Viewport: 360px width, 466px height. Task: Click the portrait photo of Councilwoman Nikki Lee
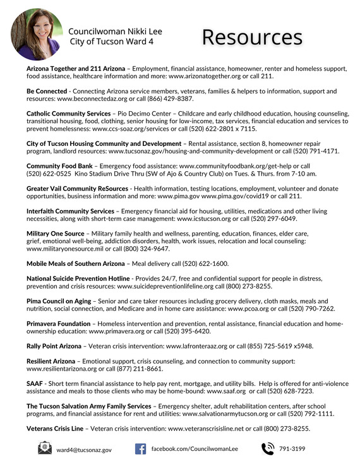point(37,34)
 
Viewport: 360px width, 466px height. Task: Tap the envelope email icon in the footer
point(45,448)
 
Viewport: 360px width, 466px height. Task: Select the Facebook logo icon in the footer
point(140,448)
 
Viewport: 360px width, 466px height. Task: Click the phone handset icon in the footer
point(268,448)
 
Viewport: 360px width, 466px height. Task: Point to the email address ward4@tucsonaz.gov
point(84,450)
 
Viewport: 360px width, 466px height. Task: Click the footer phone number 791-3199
point(293,449)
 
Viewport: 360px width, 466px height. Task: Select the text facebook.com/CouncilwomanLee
point(195,448)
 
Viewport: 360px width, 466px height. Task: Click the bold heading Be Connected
point(47,92)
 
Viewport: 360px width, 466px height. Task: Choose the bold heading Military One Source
point(56,234)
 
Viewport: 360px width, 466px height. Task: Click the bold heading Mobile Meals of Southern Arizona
point(76,263)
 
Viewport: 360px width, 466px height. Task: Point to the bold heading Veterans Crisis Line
point(55,428)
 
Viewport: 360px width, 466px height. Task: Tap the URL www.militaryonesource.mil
point(64,249)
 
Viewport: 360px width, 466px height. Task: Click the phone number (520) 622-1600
point(207,263)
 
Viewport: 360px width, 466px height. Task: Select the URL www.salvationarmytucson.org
point(225,414)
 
